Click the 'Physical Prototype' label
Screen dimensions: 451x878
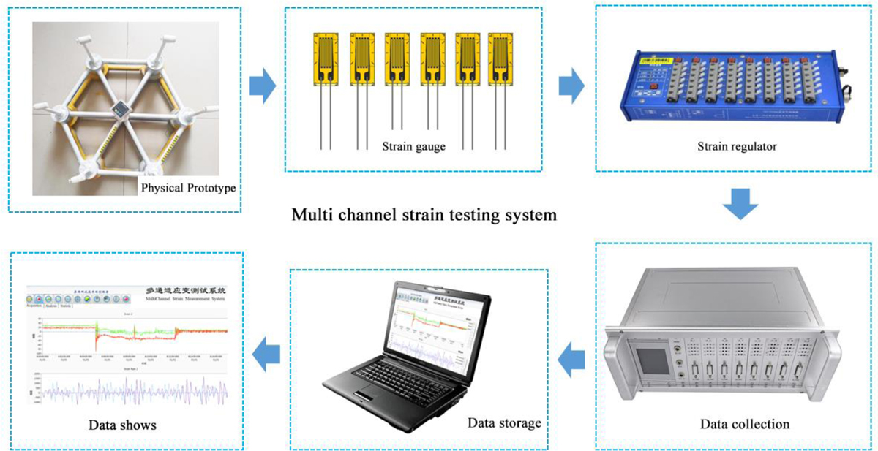(188, 189)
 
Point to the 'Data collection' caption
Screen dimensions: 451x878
(745, 425)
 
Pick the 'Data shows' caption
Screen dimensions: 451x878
(122, 425)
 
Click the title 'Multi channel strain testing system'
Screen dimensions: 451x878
(424, 216)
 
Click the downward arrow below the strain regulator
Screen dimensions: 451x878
(741, 205)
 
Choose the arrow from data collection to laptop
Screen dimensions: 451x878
(571, 358)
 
